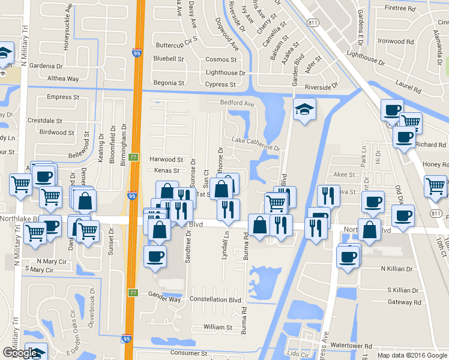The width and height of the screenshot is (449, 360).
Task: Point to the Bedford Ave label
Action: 237,103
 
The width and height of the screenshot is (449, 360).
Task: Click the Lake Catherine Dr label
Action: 256,144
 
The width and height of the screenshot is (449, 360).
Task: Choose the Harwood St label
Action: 166,160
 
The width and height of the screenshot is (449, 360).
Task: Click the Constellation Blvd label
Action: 215,299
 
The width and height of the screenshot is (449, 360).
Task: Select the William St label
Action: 218,328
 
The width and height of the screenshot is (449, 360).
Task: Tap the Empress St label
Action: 63,97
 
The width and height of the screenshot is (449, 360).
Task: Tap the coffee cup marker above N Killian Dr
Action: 348,257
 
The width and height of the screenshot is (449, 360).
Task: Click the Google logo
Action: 20,353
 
